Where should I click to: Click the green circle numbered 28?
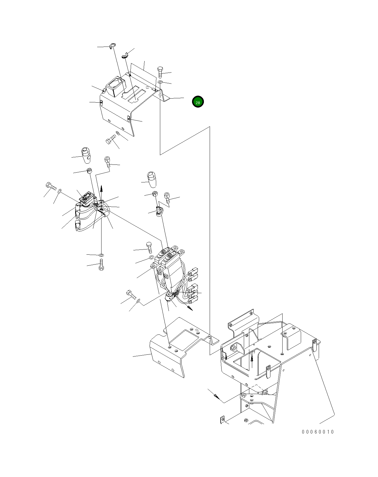point(198,102)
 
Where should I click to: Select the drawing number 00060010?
point(318,432)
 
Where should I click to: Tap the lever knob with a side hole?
point(85,156)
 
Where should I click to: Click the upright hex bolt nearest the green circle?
point(161,72)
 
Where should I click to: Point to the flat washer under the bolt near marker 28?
point(160,82)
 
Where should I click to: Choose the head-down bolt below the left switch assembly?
point(101,265)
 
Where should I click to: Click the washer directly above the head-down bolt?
point(101,255)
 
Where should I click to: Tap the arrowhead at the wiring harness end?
point(190,308)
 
